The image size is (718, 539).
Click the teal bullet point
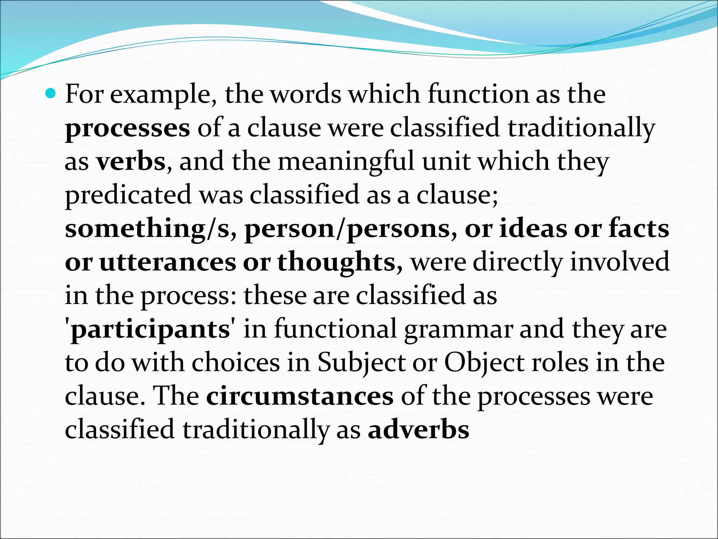pyautogui.click(x=51, y=93)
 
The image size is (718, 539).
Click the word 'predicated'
pyautogui.click(x=128, y=195)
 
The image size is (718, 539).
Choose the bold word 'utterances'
pyautogui.click(x=168, y=262)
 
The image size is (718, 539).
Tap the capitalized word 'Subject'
pyautogui.click(x=361, y=364)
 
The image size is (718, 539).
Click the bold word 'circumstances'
pyautogui.click(x=300, y=397)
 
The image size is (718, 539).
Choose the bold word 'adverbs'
pyautogui.click(x=418, y=430)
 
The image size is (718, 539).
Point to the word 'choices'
pyautogui.click(x=236, y=363)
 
